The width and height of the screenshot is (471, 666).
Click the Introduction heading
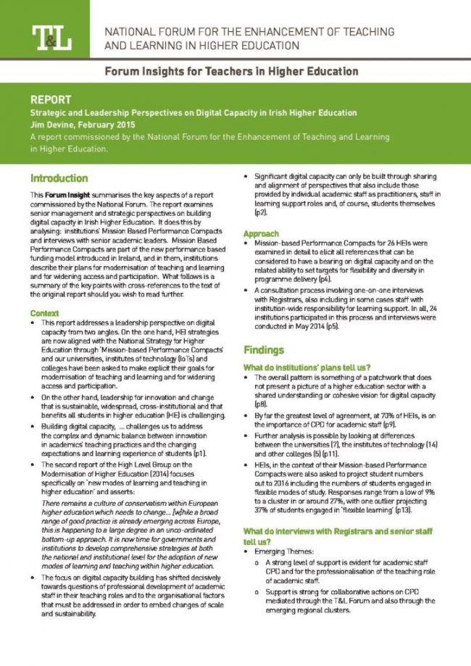tap(59, 178)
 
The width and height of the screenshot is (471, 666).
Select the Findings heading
tap(264, 349)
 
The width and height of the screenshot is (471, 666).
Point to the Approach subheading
tap(261, 233)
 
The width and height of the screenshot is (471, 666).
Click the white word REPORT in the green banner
tap(51, 99)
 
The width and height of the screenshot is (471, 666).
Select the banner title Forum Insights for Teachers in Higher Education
tap(231, 72)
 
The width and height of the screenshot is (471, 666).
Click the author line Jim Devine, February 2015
tap(86, 125)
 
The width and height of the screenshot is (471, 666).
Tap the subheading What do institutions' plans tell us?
tap(307, 367)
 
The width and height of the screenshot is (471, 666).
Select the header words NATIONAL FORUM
tap(149, 32)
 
